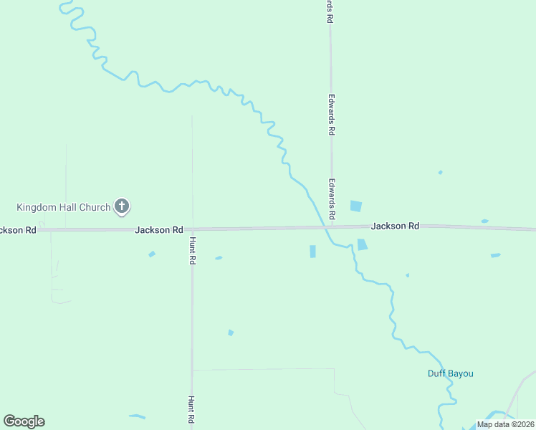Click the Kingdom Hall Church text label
pyautogui.click(x=64, y=208)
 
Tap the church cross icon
pyautogui.click(x=122, y=207)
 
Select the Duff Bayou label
pyautogui.click(x=451, y=373)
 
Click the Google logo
pyautogui.click(x=24, y=421)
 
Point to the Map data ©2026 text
pyautogui.click(x=505, y=424)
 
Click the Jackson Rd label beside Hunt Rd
pyautogui.click(x=158, y=230)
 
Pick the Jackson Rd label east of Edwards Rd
pyautogui.click(x=395, y=226)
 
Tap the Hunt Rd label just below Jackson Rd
pyautogui.click(x=193, y=251)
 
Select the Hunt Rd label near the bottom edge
pyautogui.click(x=191, y=411)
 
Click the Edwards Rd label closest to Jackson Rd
pyautogui.click(x=332, y=199)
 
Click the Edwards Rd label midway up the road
pyautogui.click(x=331, y=116)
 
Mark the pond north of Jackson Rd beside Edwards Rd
pyautogui.click(x=355, y=206)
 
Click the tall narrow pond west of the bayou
pyautogui.click(x=312, y=252)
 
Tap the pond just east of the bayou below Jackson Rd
pyautogui.click(x=362, y=244)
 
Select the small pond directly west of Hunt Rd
pyautogui.click(x=151, y=254)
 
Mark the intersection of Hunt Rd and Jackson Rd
pyautogui.click(x=191, y=229)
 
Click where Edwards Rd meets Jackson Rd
pyautogui.click(x=331, y=227)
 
